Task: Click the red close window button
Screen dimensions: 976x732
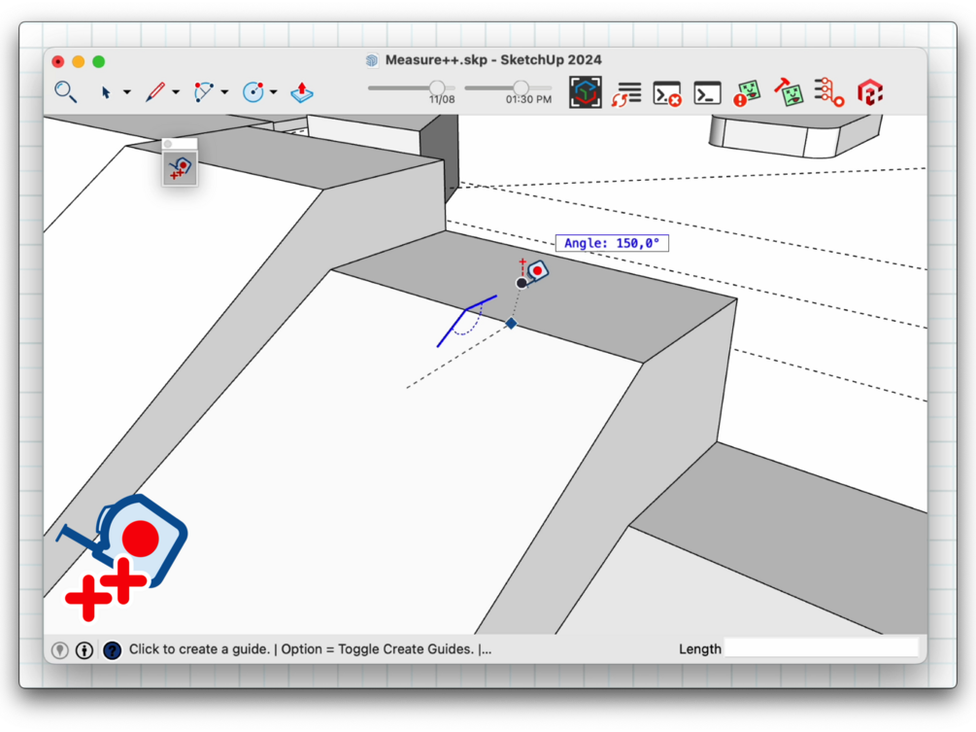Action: [58, 61]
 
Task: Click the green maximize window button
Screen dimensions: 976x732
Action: [98, 61]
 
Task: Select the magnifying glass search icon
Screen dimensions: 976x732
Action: [65, 92]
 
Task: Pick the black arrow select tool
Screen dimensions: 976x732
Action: [106, 92]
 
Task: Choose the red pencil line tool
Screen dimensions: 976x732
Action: [155, 92]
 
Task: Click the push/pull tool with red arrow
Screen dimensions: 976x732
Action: [302, 92]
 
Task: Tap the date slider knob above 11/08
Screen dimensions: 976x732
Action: [437, 87]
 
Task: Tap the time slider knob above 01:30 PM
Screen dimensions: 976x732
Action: [521, 87]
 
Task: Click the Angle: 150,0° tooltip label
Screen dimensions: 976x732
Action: [612, 243]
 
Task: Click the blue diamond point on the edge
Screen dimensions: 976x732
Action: [511, 324]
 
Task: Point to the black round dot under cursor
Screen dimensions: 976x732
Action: [522, 284]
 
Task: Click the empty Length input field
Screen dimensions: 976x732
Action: [822, 648]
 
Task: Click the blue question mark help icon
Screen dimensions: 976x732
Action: [112, 650]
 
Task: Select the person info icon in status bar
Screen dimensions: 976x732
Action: [84, 650]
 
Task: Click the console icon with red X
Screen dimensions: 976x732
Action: [666, 93]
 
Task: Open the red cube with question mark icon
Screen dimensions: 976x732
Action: [869, 92]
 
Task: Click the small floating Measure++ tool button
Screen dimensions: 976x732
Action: [180, 168]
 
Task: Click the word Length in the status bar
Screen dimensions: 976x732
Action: [699, 649]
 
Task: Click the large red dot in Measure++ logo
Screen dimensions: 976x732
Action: [141, 539]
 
